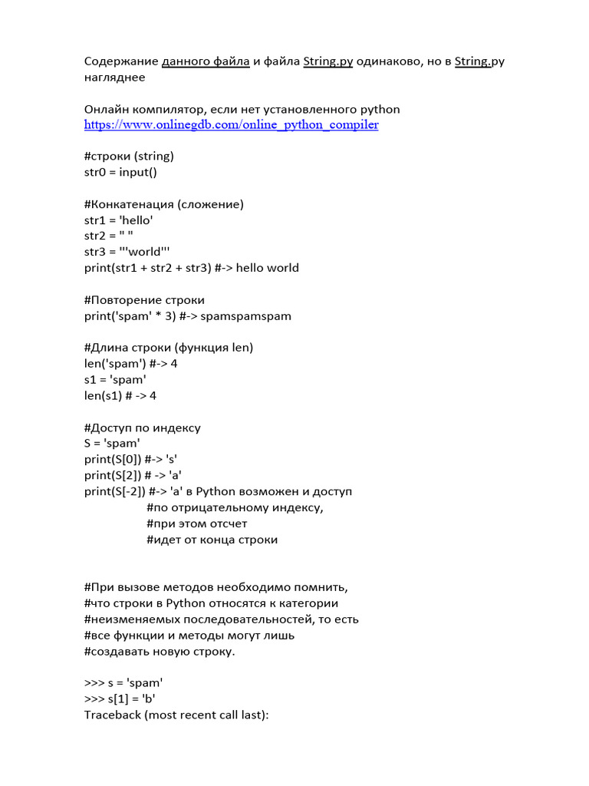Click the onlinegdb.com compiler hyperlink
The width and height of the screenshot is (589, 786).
(x=231, y=124)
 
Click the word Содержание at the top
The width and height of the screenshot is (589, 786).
(x=120, y=61)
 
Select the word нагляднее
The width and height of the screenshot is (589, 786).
(x=114, y=77)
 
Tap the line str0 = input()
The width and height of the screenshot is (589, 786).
(x=120, y=172)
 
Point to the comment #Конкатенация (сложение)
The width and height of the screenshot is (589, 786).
(x=163, y=204)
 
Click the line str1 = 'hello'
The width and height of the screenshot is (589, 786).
(x=118, y=220)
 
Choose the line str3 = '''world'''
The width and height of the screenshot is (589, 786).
(x=127, y=252)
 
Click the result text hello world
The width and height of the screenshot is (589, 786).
(x=268, y=268)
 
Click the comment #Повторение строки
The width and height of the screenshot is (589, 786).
(x=144, y=300)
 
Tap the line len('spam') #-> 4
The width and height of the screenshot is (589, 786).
(x=130, y=364)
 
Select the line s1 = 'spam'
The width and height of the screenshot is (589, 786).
(x=115, y=380)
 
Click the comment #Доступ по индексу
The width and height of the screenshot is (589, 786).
(x=142, y=428)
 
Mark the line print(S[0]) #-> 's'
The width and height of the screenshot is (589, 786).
(x=130, y=460)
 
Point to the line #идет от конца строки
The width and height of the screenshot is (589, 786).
(x=212, y=540)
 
